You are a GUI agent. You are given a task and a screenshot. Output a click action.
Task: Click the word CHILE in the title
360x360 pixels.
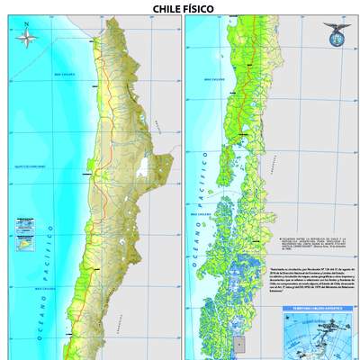164,7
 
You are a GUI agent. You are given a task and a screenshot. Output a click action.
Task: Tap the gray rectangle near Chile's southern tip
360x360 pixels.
239,343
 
